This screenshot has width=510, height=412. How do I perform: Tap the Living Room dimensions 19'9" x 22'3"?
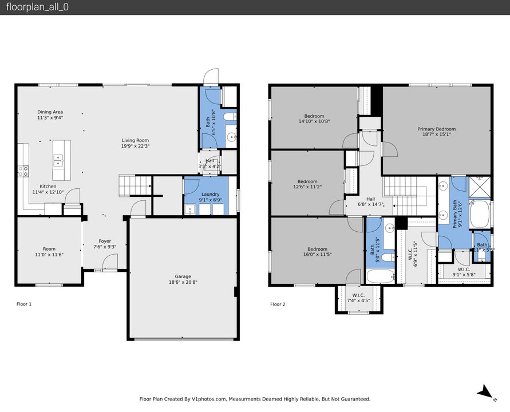(135, 146)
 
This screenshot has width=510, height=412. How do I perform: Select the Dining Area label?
(50, 112)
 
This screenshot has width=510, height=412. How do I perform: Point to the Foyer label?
(105, 241)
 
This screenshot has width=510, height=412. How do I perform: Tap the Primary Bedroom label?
(436, 129)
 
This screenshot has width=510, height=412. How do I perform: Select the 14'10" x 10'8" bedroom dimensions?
(314, 121)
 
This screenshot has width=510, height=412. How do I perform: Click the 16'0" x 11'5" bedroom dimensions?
(317, 255)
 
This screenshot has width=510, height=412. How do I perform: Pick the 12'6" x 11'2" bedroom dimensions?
(307, 187)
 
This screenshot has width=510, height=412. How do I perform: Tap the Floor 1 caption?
(24, 304)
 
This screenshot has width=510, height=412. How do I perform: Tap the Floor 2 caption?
(278, 304)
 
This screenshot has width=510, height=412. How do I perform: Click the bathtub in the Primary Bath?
(480, 215)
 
